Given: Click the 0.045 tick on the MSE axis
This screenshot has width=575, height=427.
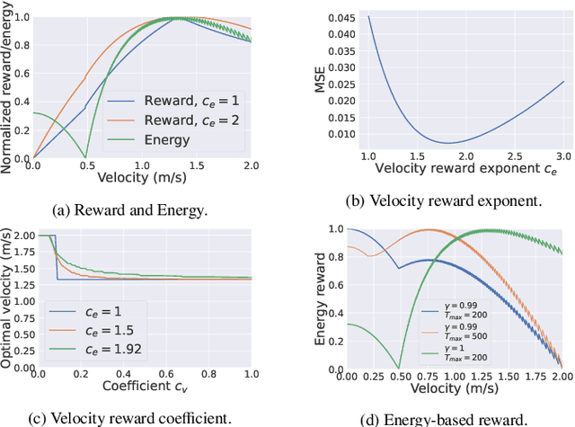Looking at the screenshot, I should point(339,17).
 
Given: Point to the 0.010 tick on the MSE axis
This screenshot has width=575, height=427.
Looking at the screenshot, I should point(339,134).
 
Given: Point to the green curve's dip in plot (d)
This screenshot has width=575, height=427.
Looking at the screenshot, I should point(399,367).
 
